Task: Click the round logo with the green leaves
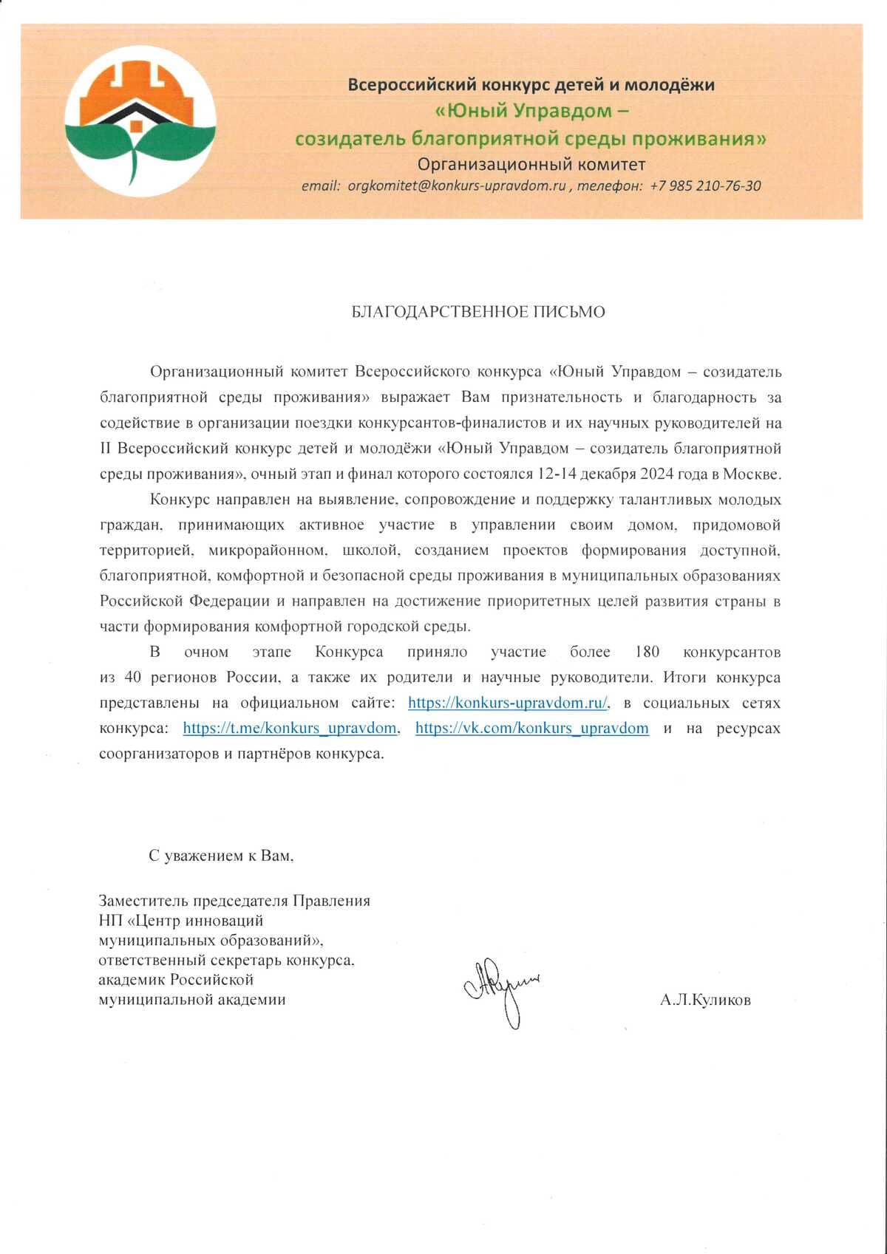click(x=140, y=120)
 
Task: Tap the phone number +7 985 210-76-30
click(x=705, y=186)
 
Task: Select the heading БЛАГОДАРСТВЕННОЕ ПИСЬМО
click(x=478, y=312)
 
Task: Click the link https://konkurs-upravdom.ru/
click(x=508, y=703)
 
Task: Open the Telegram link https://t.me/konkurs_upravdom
click(x=290, y=728)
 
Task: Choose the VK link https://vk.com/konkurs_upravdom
click(x=531, y=728)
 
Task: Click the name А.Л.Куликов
click(x=705, y=1001)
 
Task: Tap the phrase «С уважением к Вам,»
click(x=221, y=856)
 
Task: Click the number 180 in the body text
click(x=647, y=652)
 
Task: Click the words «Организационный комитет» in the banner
click(x=531, y=164)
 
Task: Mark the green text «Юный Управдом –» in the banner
click(x=531, y=111)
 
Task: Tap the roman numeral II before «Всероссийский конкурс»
click(x=105, y=449)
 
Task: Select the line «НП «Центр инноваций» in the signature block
click(x=181, y=921)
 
